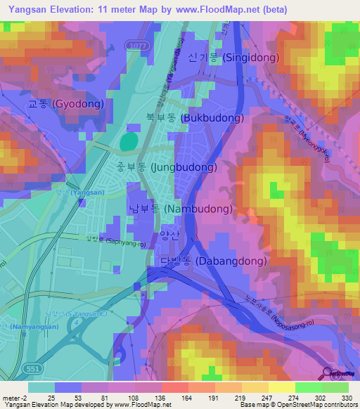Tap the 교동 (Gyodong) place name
[65, 103]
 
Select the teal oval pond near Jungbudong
[128, 142]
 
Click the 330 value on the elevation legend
[347, 398]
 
